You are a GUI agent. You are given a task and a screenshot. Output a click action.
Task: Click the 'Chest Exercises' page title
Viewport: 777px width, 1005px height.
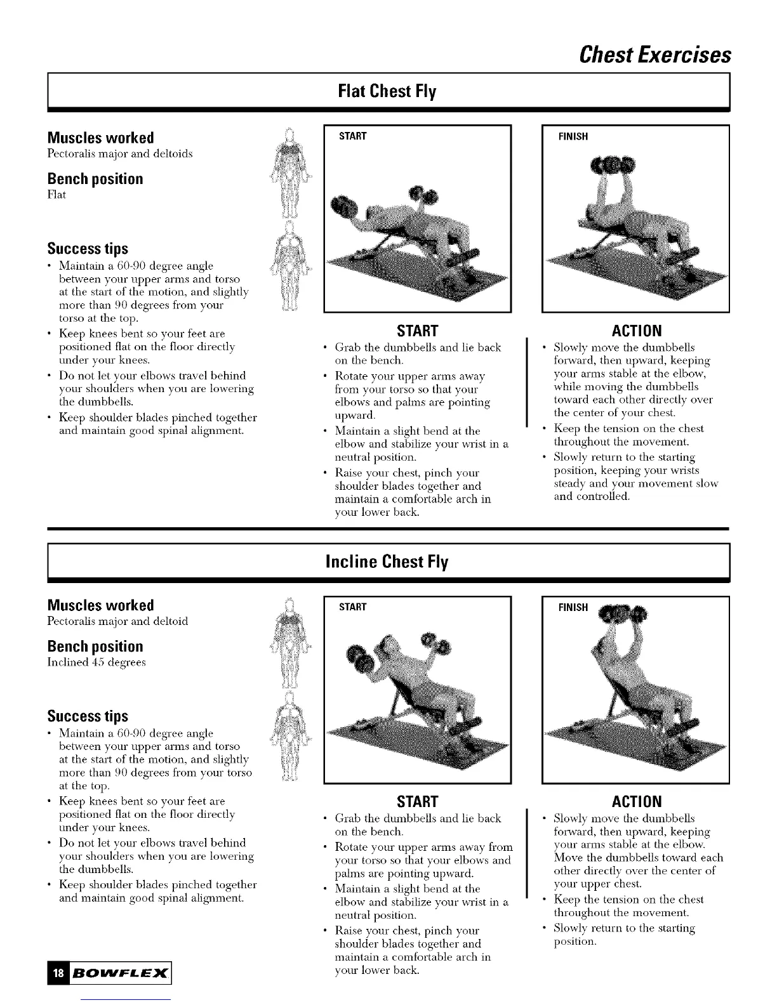pos(655,55)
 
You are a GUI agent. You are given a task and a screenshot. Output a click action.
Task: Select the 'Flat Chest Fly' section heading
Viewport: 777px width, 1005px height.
pos(387,91)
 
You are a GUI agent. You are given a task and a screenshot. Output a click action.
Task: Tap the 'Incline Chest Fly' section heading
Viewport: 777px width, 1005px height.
pos(387,562)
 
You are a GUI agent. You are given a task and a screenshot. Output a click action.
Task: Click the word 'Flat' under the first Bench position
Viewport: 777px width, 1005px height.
pos(56,195)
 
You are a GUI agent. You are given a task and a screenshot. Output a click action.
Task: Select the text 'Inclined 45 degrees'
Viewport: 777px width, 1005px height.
pos(96,662)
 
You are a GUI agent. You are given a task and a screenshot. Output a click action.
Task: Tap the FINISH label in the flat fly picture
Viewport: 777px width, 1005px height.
pos(573,137)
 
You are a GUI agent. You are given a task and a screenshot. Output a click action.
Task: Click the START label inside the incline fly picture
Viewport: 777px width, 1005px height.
pos(353,607)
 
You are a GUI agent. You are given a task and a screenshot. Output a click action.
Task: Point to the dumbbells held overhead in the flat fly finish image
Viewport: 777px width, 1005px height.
pos(614,165)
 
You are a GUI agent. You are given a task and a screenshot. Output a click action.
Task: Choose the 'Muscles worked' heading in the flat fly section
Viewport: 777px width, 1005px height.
pos(100,138)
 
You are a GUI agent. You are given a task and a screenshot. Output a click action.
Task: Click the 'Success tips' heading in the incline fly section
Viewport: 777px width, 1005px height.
pos(88,716)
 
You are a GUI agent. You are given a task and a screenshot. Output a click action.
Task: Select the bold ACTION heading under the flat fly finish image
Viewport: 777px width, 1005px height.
pos(636,331)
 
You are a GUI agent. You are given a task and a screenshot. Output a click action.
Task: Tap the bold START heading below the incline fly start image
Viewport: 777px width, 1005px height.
pos(417,801)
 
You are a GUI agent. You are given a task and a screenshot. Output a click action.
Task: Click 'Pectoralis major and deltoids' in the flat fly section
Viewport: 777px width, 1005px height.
pos(120,154)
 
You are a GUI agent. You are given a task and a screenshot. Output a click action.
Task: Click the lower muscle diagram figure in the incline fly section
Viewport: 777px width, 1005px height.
pos(289,736)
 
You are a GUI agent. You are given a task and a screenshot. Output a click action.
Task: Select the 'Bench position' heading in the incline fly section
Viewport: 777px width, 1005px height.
pos(95,647)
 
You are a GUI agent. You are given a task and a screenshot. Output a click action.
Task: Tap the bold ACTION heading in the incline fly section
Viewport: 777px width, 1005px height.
pos(636,801)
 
